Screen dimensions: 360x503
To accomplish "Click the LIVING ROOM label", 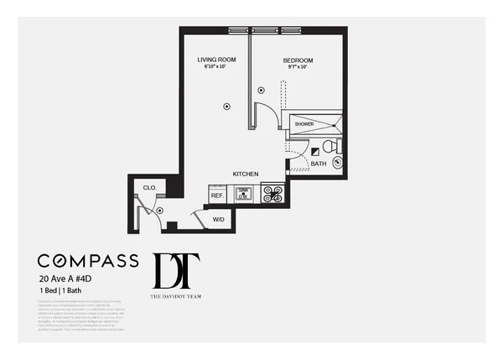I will click(215, 60).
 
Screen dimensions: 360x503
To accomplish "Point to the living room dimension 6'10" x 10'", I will click(215, 68).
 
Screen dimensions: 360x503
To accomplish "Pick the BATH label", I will click(319, 164).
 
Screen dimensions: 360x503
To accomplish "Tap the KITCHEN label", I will click(245, 174).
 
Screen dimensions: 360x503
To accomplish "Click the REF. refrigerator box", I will click(216, 195).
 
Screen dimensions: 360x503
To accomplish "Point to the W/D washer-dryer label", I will click(218, 219).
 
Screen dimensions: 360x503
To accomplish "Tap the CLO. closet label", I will click(149, 188).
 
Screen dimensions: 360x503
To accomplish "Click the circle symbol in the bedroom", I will click(262, 90).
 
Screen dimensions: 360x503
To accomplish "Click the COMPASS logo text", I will click(88, 261).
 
